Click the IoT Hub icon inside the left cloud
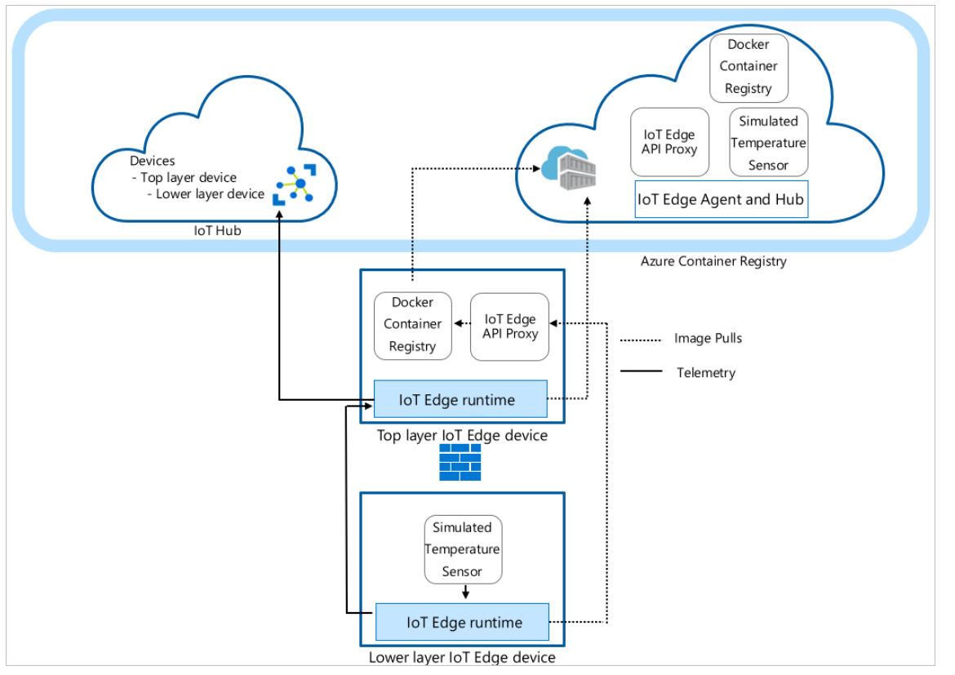pos(295,184)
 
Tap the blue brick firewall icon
pos(460,463)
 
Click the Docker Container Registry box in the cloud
pos(748,67)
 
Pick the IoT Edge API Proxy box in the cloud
pos(668,143)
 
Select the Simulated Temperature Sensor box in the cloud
pos(768,143)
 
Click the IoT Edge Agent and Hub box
pos(721,199)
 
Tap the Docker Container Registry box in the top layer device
pos(412,325)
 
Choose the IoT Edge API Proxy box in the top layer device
pos(510,325)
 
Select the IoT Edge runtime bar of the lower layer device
pos(462,623)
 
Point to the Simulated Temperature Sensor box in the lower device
pos(462,549)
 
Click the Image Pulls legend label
pos(708,338)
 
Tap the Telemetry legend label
pos(705,373)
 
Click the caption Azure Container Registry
pos(713,261)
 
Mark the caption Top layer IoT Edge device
pos(462,436)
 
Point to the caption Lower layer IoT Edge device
pos(462,657)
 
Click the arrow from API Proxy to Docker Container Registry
pos(461,323)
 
